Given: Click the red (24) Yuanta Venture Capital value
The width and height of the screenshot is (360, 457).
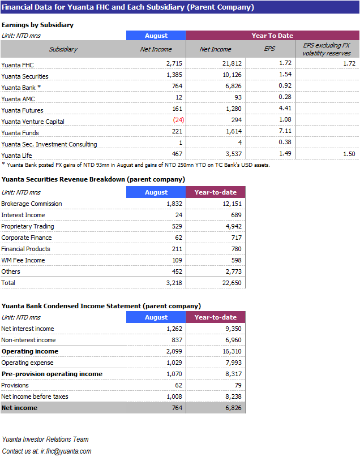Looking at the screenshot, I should (x=178, y=120).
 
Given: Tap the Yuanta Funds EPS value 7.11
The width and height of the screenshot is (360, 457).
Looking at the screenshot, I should (x=285, y=131).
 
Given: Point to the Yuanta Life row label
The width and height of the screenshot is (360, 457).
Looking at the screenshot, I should (x=17, y=155).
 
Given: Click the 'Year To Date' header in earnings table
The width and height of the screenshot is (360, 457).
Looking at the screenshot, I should (x=272, y=36).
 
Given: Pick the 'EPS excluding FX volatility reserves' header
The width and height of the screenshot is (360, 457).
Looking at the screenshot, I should (x=327, y=49).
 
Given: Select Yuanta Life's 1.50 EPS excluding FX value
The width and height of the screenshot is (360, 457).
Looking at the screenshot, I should (x=349, y=154).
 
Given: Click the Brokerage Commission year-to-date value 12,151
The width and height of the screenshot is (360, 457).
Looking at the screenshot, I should (x=232, y=204).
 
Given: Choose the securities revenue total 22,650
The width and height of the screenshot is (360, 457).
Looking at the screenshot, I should (x=232, y=283).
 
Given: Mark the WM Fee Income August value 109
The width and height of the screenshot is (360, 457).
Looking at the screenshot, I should (x=178, y=260).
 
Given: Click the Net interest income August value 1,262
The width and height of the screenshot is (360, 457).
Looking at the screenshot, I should (x=176, y=329).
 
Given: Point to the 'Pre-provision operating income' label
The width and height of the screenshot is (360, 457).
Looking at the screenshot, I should (x=52, y=374).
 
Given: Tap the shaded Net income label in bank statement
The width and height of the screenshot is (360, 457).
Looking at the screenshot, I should (x=19, y=408).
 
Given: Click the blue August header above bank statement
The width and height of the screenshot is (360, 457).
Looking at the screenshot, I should (x=156, y=317).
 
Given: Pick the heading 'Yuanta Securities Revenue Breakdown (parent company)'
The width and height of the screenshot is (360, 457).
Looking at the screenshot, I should (x=93, y=179).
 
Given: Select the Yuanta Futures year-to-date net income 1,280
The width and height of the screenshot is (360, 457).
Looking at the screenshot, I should (x=232, y=109).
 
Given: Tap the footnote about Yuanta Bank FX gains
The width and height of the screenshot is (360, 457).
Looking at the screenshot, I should (x=136, y=165).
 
